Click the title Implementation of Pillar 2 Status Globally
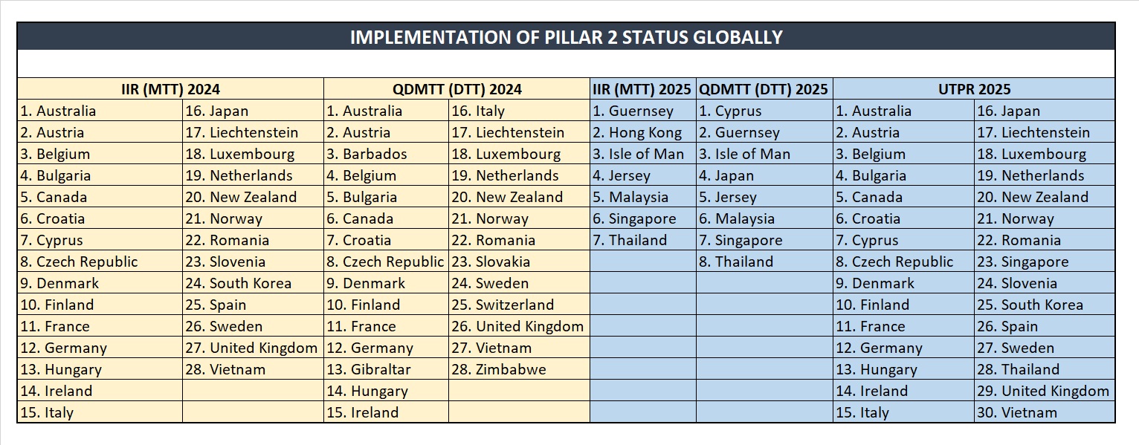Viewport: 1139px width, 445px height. pos(566,36)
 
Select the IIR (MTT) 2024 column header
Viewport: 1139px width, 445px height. pos(170,89)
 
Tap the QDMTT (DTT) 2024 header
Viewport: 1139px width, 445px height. pos(456,89)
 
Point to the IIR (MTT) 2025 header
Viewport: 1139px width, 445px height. pos(642,89)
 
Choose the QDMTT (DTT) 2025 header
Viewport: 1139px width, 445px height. pos(764,89)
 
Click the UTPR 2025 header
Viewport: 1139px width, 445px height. pos(974,89)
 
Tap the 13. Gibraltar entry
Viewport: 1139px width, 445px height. pos(369,369)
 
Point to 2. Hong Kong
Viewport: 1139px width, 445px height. pos(637,133)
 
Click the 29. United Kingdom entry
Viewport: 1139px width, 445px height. pos(1042,391)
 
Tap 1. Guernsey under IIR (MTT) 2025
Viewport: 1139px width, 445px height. pos(633,111)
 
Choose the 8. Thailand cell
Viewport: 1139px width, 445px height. pos(736,262)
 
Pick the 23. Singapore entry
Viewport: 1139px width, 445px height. pos(1022,262)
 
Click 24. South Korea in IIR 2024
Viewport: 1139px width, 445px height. pos(239,283)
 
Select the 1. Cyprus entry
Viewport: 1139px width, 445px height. pos(730,111)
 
